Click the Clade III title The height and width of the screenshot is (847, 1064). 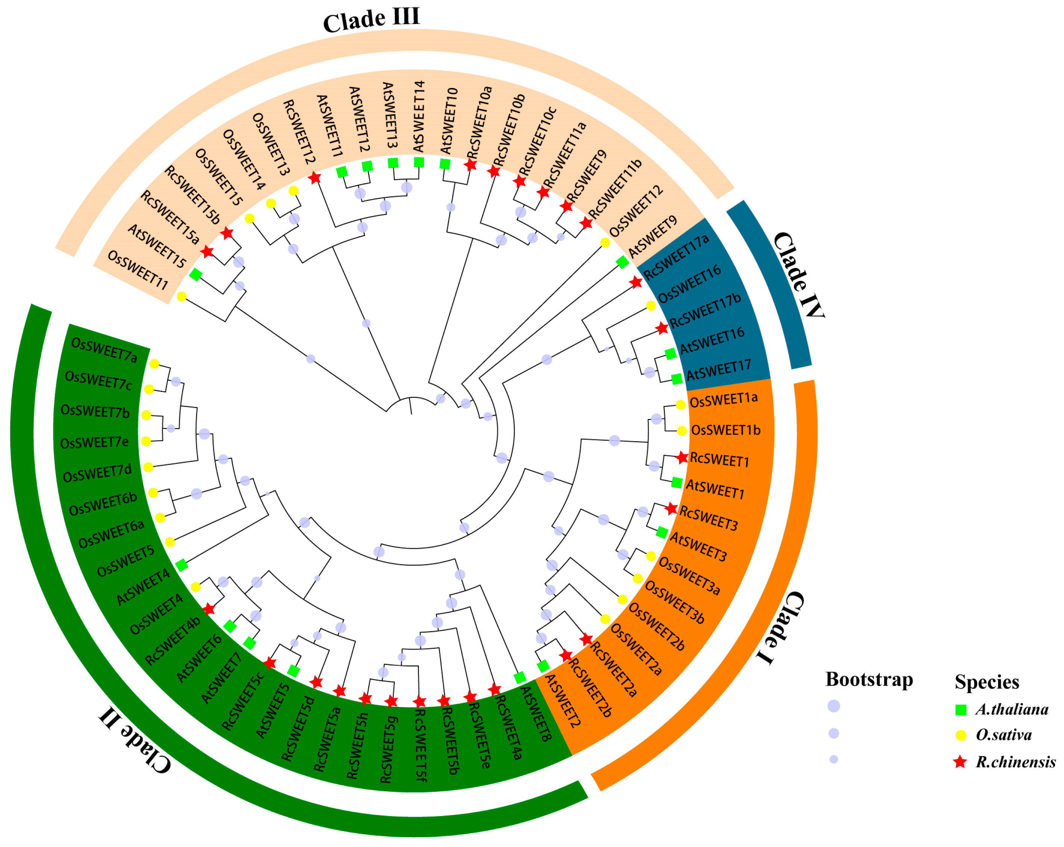371,20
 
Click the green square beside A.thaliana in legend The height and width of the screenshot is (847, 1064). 960,710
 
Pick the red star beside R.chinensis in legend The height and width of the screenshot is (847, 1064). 960,762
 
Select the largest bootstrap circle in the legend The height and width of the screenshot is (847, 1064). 833,706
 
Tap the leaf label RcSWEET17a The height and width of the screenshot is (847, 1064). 677,256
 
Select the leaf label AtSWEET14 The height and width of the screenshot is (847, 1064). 419,117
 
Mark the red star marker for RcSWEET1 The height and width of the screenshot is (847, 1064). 682,458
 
